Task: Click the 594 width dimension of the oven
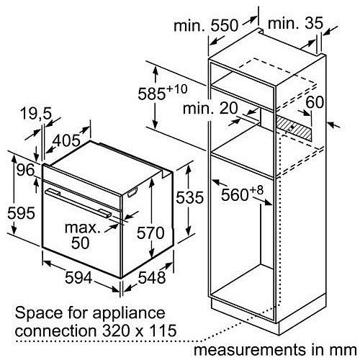[78, 278]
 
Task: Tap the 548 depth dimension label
[152, 278]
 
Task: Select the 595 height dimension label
[21, 213]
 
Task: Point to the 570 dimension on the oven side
[150, 233]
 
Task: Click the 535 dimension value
[189, 197]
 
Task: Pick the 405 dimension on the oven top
[66, 140]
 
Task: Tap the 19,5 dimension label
[36, 113]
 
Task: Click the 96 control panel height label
[26, 170]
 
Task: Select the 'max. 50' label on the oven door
[82, 235]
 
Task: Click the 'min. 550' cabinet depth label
[206, 26]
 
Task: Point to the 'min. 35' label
[295, 23]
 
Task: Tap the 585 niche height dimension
[162, 92]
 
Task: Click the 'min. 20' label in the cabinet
[210, 108]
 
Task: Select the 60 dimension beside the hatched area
[315, 102]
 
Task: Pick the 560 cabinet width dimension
[242, 193]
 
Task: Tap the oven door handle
[78, 203]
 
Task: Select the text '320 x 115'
[139, 330]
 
